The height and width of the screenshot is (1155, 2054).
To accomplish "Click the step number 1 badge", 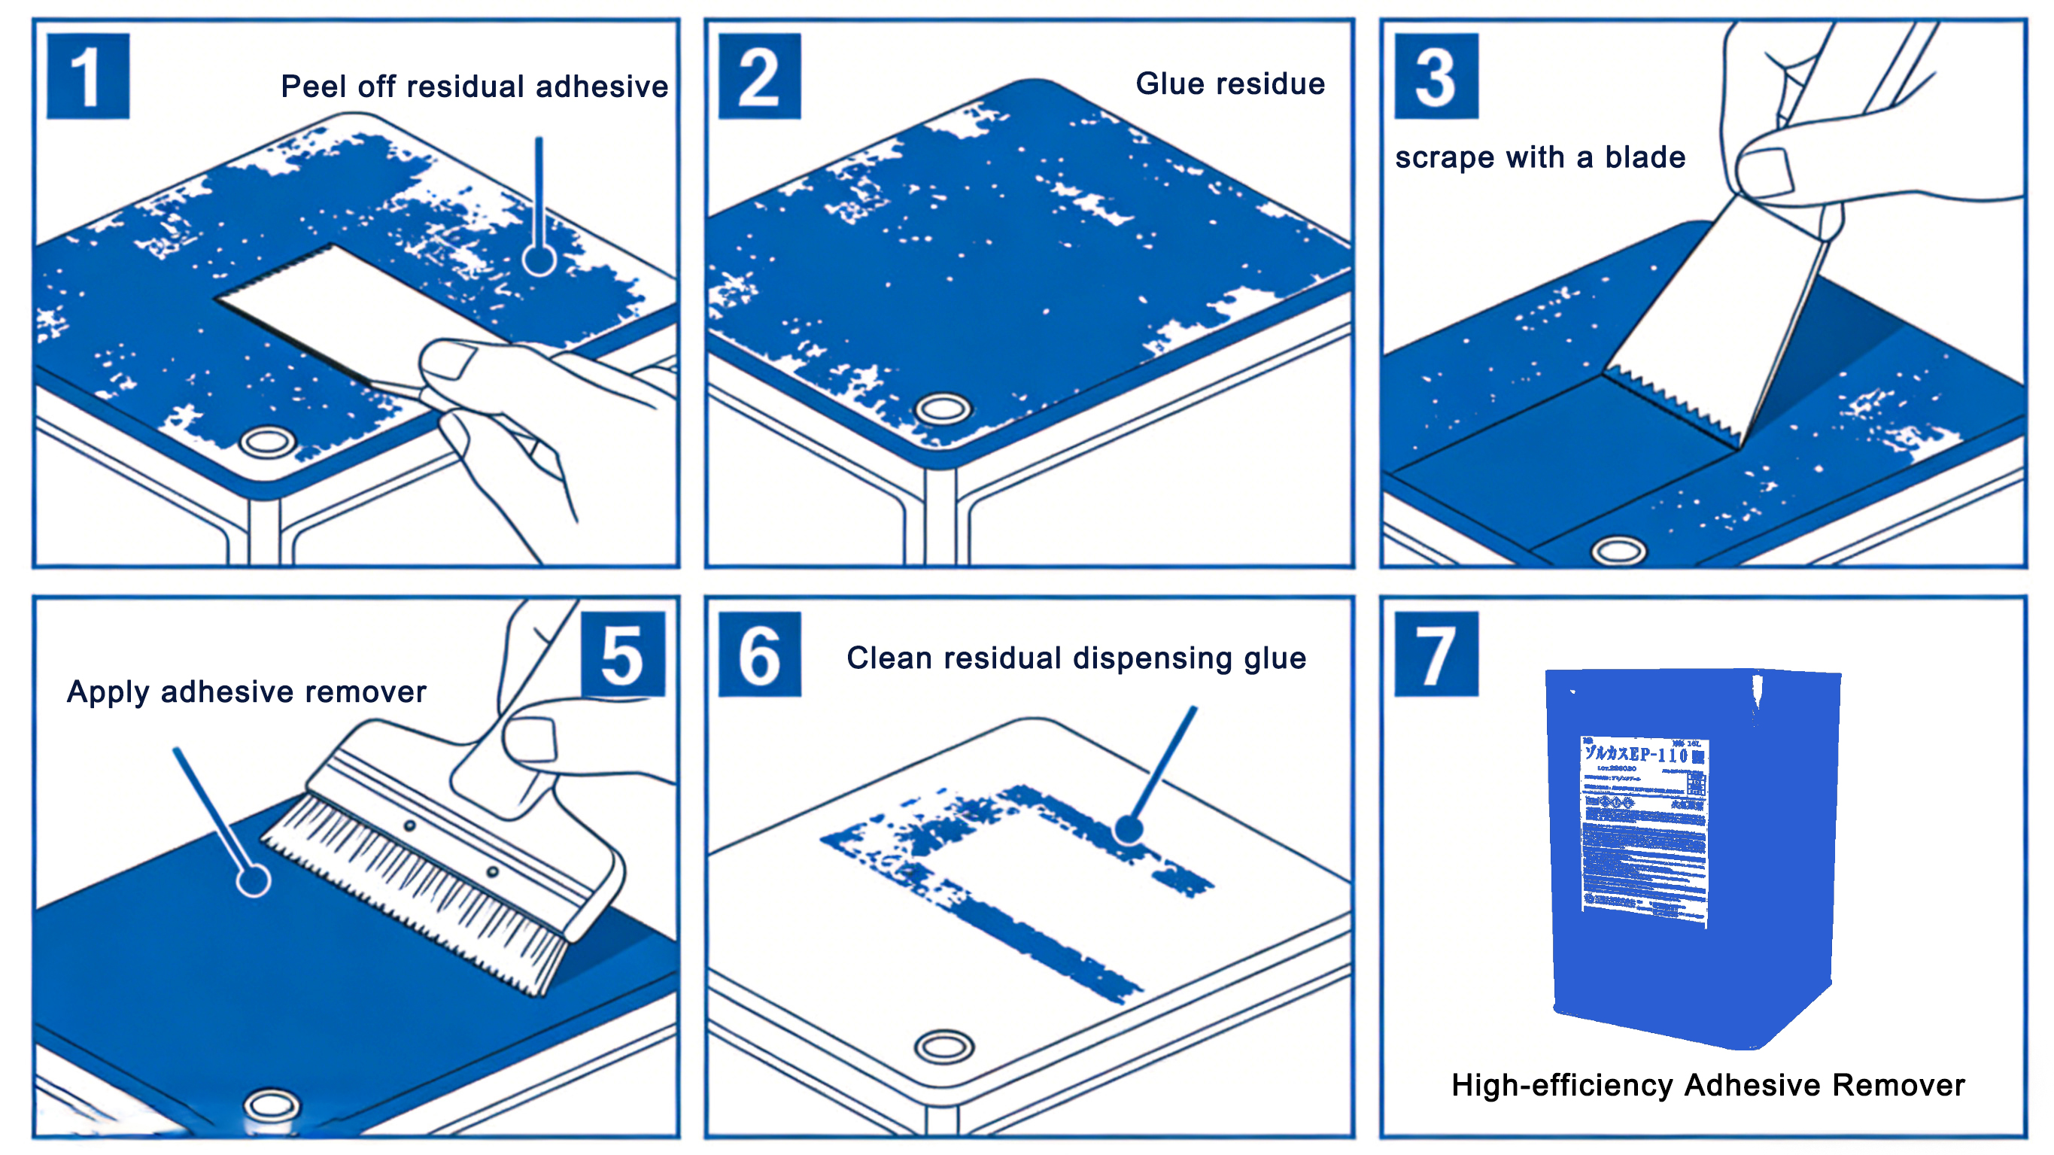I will tap(88, 77).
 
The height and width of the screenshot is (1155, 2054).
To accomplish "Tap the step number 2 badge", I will tap(759, 77).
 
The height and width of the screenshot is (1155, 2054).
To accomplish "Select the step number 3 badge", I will tap(1436, 77).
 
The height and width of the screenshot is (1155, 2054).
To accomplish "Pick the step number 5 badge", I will tap(622, 655).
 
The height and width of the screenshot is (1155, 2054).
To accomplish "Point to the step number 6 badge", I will tap(759, 655).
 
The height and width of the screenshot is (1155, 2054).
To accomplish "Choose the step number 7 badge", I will tap(1436, 655).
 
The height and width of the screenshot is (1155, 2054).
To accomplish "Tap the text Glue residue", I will tap(1229, 84).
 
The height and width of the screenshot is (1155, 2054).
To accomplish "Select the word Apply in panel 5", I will tap(108, 692).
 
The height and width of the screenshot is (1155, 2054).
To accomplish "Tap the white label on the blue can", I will tap(1644, 829).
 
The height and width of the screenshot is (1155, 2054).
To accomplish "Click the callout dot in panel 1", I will tap(539, 260).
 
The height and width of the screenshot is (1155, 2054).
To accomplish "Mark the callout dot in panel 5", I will tap(254, 880).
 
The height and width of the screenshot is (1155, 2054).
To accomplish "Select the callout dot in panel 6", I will tap(1129, 829).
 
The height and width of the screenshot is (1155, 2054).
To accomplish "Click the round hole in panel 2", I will tap(943, 409).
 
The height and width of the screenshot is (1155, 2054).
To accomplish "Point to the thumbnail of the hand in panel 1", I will tap(448, 360).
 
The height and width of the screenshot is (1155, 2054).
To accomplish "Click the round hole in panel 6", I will tap(944, 1046).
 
